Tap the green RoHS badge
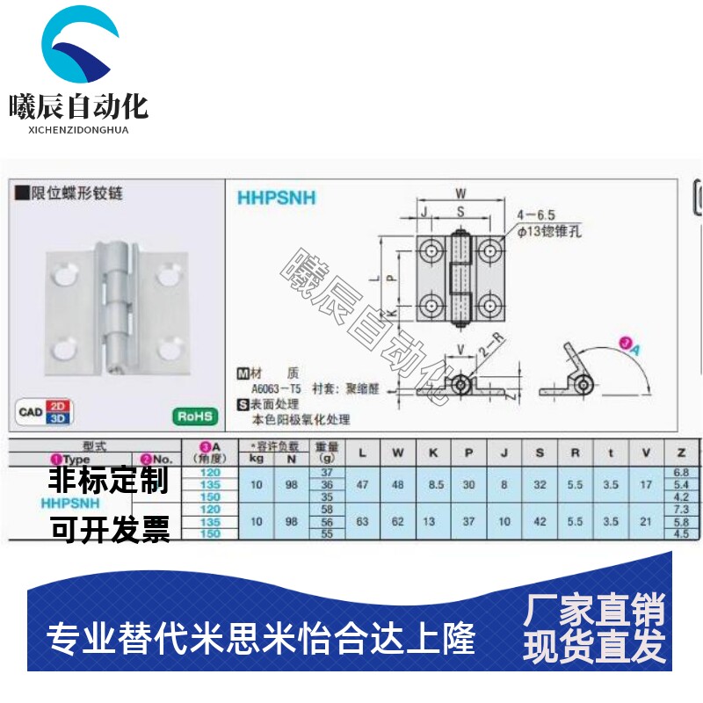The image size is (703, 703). click(193, 416)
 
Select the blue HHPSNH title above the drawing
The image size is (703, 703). click(276, 199)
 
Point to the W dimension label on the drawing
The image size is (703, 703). click(460, 194)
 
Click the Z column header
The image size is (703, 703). click(681, 453)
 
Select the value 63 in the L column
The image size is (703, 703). click(362, 521)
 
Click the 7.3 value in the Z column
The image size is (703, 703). click(681, 510)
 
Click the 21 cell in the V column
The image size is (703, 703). click(646, 521)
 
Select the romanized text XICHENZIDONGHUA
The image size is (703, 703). click(78, 130)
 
